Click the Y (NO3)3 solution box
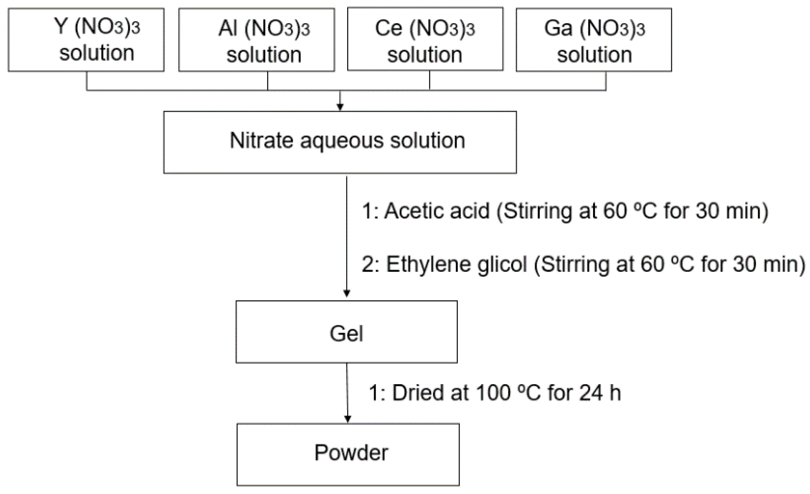click(x=86, y=40)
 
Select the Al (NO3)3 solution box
click(x=256, y=40)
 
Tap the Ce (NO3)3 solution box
click(x=425, y=40)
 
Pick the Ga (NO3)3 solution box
click(x=593, y=40)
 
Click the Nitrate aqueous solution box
click(x=340, y=142)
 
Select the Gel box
click(x=346, y=332)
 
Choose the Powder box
click(x=348, y=454)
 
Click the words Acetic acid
click(x=437, y=211)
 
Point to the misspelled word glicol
click(x=502, y=264)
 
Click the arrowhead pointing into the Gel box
click(x=347, y=293)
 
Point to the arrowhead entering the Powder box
click(x=348, y=419)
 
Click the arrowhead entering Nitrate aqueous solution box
click(x=340, y=107)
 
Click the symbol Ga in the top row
click(x=558, y=28)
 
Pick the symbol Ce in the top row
click(x=388, y=28)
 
